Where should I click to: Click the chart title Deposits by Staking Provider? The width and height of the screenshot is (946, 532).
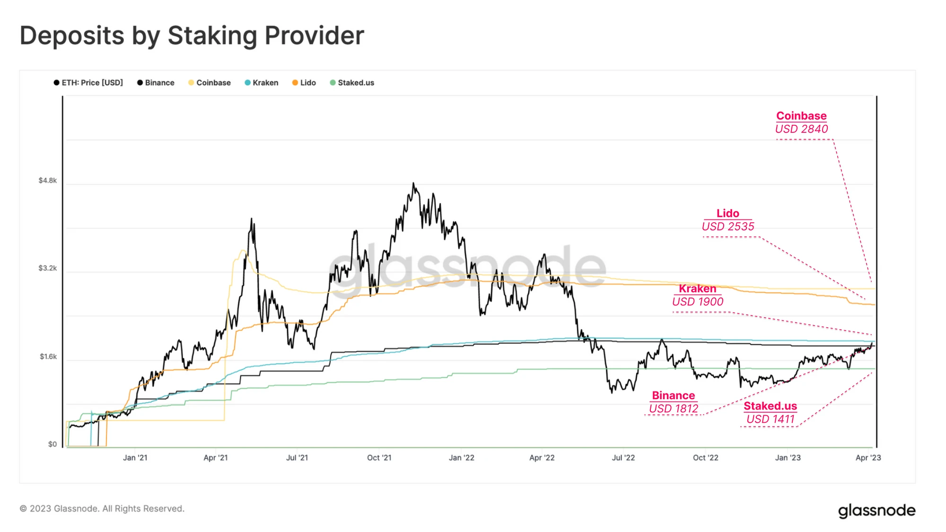192,35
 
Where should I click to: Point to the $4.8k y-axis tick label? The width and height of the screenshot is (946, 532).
48,181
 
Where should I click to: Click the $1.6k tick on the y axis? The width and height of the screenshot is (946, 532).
48,357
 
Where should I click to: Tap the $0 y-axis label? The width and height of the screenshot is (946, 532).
52,444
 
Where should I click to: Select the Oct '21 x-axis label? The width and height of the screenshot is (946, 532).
379,458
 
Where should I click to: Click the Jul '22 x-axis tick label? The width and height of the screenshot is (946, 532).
623,458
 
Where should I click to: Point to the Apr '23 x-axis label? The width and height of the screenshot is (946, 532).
868,458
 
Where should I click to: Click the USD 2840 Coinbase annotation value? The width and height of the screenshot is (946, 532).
801,129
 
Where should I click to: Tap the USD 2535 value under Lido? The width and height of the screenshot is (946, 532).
728,227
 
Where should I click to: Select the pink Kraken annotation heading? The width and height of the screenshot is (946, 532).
698,288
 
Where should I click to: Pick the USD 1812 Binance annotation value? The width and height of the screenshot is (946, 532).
674,409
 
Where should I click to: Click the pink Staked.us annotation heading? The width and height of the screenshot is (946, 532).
770,406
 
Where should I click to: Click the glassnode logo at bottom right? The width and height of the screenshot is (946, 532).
876,511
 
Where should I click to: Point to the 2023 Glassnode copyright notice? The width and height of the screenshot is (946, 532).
102,509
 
